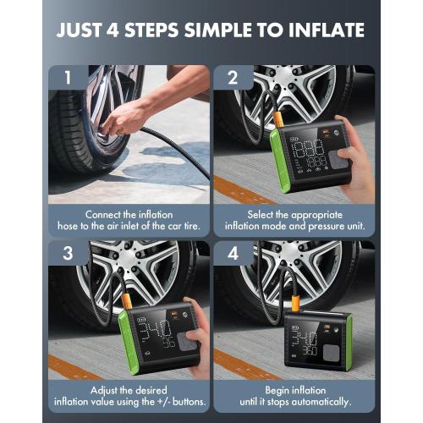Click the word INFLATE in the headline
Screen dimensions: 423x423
coord(321,31)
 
